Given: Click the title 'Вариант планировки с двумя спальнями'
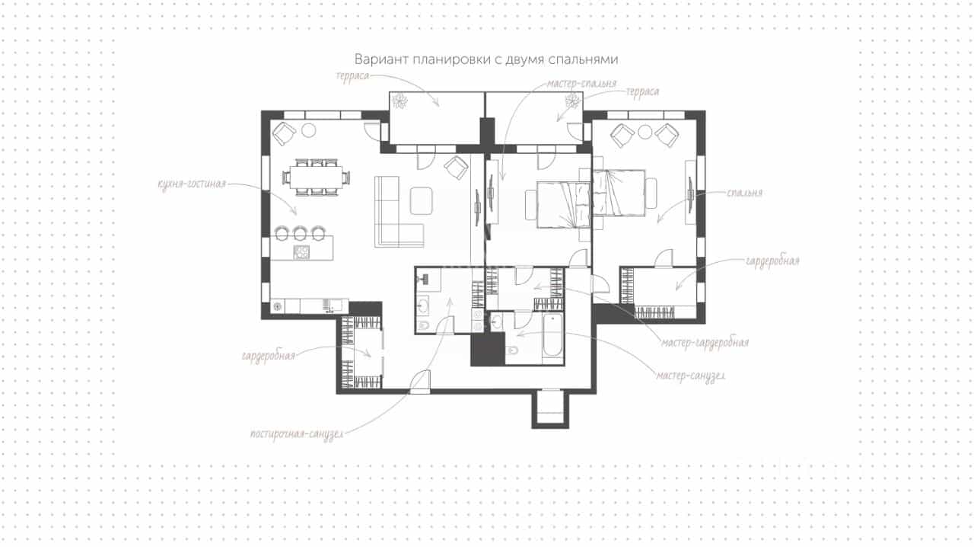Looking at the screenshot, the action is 486,59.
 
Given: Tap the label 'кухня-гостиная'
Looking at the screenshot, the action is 193,184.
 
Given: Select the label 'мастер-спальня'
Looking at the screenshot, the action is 581,83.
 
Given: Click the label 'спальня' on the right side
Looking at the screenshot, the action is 744,193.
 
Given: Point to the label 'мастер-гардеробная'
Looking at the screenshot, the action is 705,342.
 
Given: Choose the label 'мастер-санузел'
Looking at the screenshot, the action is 690,376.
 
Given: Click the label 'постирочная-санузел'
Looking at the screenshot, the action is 297,434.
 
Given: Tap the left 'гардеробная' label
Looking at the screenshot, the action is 269,356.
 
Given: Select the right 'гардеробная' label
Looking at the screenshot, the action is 772,261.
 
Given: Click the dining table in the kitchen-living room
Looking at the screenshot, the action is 316,178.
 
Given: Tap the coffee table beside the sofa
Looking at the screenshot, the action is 421,200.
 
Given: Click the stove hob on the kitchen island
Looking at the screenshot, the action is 301,252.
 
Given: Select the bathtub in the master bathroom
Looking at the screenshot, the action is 552,336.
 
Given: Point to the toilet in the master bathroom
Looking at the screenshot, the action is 512,350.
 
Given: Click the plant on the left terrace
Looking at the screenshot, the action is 399,101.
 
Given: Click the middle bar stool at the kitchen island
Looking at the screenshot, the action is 300,233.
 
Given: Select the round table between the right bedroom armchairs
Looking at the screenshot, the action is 645,132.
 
